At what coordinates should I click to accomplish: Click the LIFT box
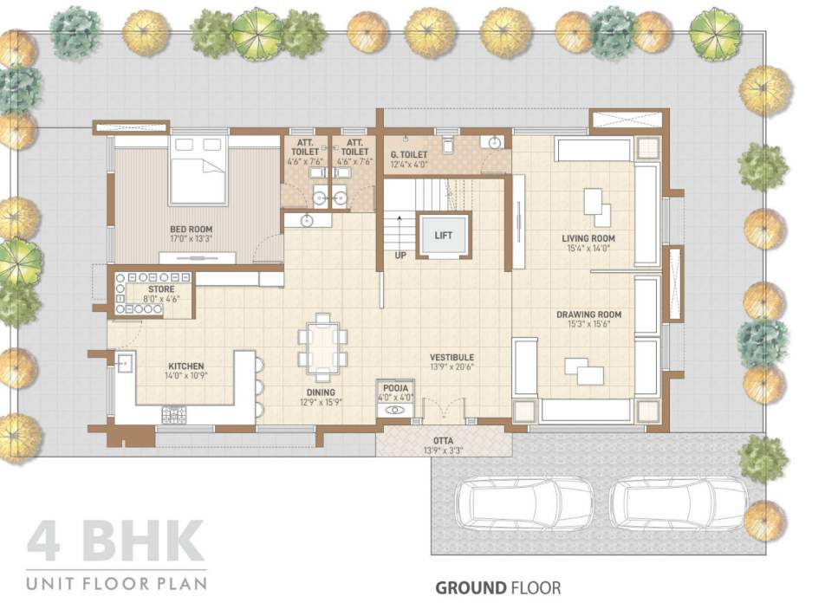click(x=443, y=235)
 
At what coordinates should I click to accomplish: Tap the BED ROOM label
click(x=192, y=230)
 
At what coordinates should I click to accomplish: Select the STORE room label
click(x=161, y=289)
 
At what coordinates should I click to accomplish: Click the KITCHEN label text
click(x=186, y=366)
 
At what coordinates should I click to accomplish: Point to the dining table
click(x=322, y=347)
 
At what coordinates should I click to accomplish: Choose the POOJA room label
click(x=396, y=388)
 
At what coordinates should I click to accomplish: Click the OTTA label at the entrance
click(x=442, y=440)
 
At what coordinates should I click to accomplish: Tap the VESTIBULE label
click(x=452, y=357)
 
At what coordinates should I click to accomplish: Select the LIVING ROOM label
click(x=588, y=238)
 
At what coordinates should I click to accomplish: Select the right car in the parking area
click(x=679, y=502)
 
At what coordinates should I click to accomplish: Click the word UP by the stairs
click(x=400, y=256)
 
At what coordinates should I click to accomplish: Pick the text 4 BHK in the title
click(x=115, y=542)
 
